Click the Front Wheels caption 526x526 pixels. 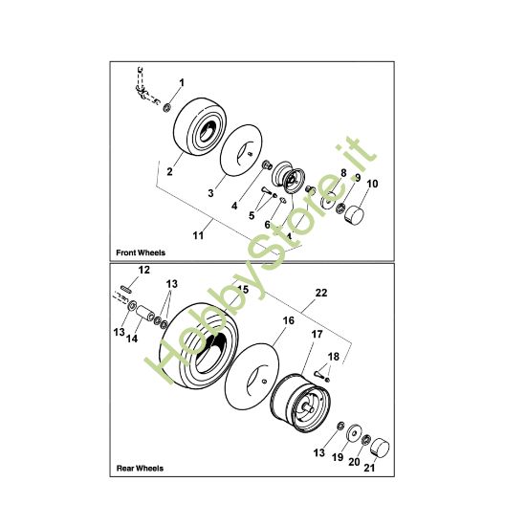coord(140,253)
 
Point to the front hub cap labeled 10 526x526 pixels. coord(357,210)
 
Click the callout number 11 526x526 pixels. coord(198,232)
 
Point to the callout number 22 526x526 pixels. coord(320,293)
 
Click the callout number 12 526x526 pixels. coord(144,272)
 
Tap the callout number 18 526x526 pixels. coord(334,356)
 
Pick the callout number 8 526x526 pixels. coord(342,173)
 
